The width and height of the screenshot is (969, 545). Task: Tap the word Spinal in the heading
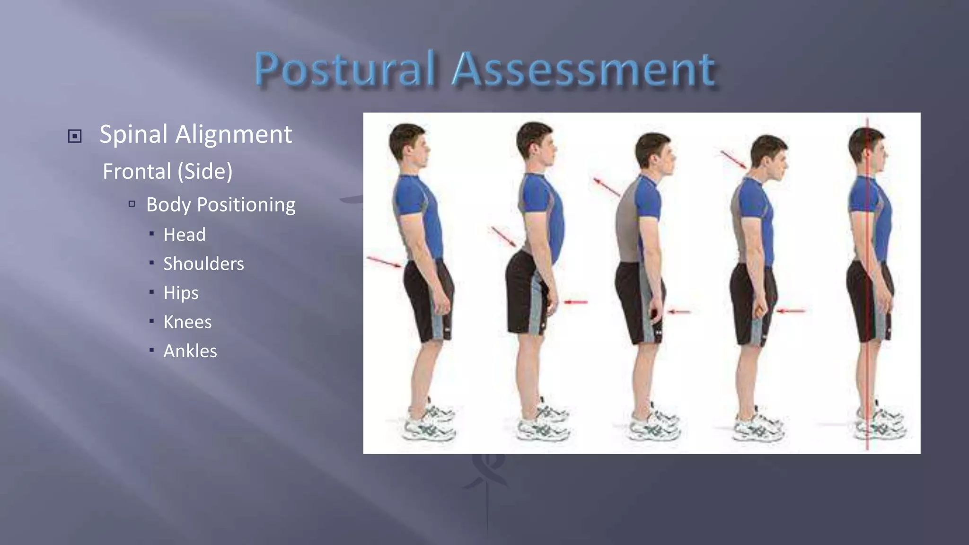(133, 134)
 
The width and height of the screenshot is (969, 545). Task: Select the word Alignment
(234, 134)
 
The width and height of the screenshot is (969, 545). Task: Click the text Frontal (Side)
(167, 171)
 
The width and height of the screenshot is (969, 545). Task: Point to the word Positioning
(246, 204)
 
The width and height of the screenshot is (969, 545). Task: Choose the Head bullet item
(185, 235)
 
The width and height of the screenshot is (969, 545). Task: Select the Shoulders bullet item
(203, 264)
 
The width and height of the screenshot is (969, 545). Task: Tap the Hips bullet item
(181, 293)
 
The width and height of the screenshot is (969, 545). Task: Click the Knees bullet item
(187, 322)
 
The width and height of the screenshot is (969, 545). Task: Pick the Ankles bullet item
(190, 351)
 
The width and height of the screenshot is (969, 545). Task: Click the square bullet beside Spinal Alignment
(75, 136)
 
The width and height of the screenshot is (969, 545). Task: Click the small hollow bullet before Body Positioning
(132, 204)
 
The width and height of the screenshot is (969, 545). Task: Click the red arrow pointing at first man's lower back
(384, 262)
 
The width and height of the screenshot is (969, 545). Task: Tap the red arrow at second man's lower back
(504, 237)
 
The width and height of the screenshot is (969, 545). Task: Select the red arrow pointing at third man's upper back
(607, 187)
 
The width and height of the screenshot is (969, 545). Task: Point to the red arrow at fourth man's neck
(733, 159)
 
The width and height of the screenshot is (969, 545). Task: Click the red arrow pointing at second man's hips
(575, 302)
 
